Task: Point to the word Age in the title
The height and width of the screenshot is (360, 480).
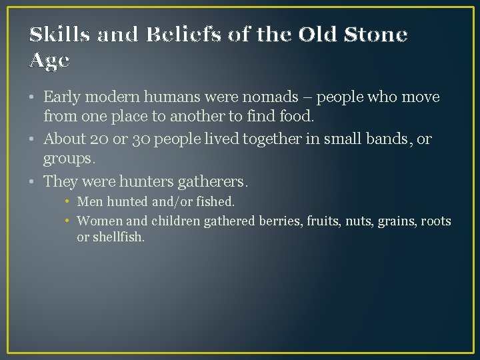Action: point(50,61)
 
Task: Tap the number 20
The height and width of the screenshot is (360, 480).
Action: point(103,139)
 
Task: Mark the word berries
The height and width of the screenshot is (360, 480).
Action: point(279,221)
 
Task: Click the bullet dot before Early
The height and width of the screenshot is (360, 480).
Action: point(33,97)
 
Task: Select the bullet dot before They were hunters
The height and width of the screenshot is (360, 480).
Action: point(33,181)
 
